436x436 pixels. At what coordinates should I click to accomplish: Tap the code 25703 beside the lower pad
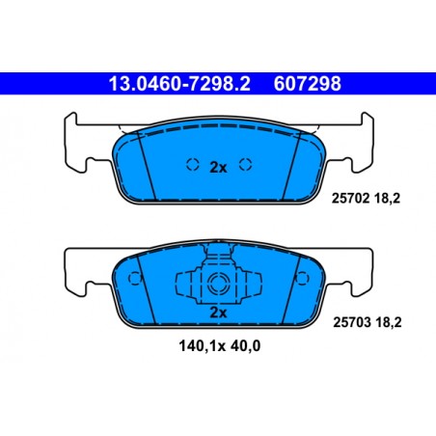pyautogui.click(x=351, y=326)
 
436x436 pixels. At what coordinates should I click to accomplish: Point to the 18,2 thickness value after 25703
pyautogui.click(x=390, y=326)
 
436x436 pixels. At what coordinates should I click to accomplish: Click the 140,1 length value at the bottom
pyautogui.click(x=185, y=343)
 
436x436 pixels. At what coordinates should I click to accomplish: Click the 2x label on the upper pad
pyautogui.click(x=217, y=167)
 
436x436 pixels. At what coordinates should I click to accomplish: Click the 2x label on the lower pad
pyautogui.click(x=217, y=313)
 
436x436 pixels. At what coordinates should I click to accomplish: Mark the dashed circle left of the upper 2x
pyautogui.click(x=191, y=164)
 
